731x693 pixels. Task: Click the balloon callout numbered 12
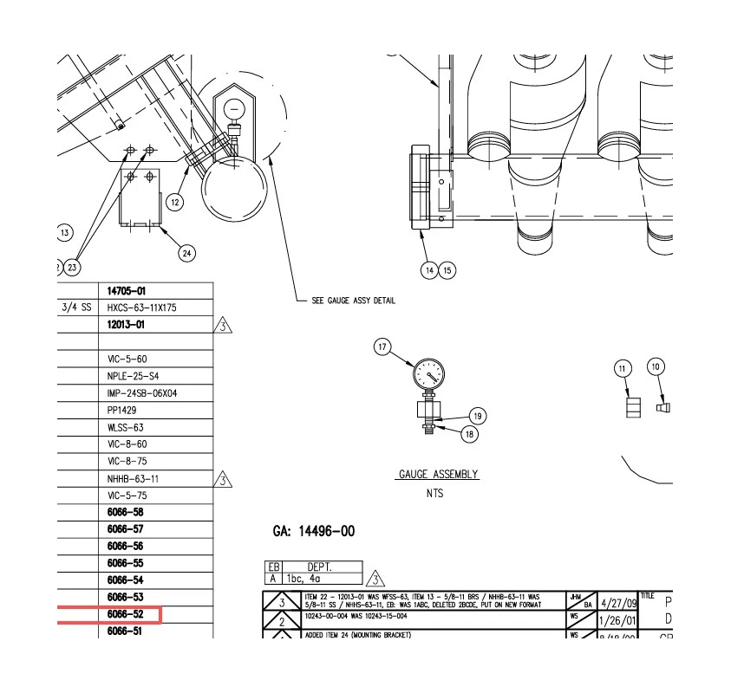click(175, 202)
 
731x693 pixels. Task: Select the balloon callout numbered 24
click(187, 253)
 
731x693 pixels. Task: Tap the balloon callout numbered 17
click(383, 347)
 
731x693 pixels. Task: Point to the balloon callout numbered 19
click(476, 416)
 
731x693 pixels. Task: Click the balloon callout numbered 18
click(469, 434)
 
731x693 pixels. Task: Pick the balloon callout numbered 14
click(429, 270)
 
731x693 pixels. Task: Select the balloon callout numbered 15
click(447, 270)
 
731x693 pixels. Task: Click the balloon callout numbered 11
click(622, 369)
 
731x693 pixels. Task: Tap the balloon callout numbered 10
click(656, 367)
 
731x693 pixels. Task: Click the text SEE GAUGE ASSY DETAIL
click(353, 301)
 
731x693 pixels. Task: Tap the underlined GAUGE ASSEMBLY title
click(438, 475)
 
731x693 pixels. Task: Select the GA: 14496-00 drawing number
click(314, 531)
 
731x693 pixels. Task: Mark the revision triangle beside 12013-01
click(223, 326)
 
